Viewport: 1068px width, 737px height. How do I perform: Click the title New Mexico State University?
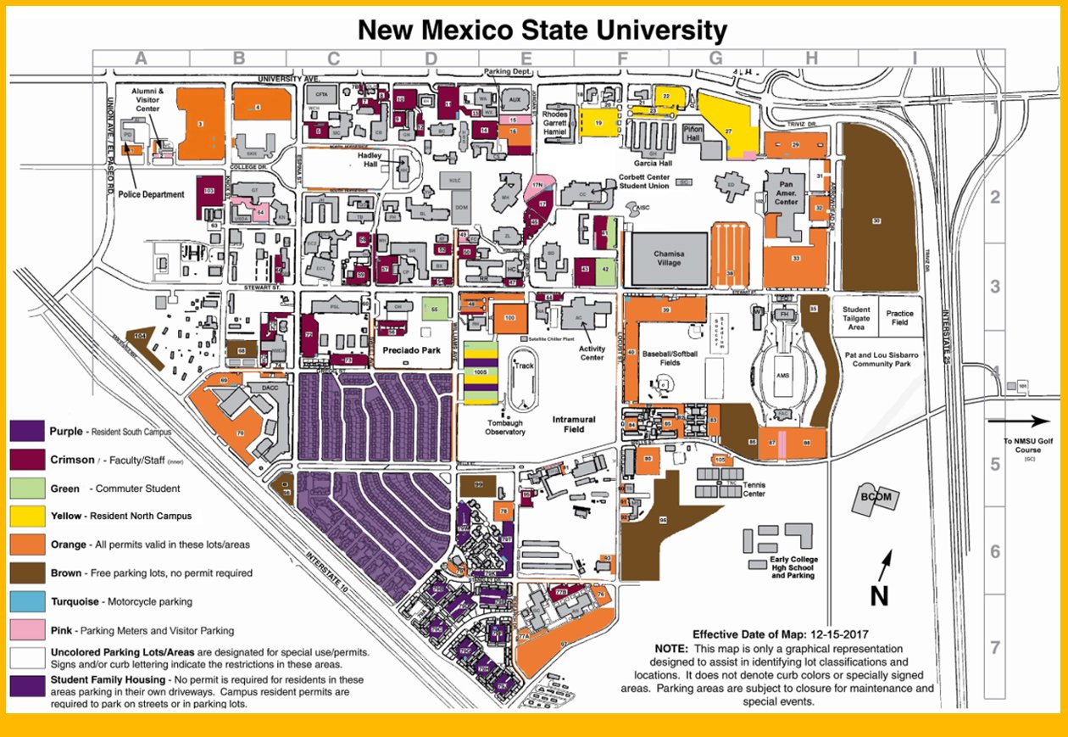(x=542, y=31)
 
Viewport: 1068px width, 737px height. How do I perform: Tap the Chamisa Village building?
(x=669, y=258)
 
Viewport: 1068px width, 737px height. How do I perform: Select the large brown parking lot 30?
(x=877, y=221)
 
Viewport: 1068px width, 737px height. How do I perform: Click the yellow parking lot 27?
(x=727, y=127)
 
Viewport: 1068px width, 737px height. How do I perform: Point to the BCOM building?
(x=876, y=498)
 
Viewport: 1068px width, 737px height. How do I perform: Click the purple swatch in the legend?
(x=25, y=431)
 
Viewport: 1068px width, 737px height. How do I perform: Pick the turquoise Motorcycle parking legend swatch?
(x=25, y=601)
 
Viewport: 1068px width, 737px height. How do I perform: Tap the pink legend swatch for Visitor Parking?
(x=25, y=630)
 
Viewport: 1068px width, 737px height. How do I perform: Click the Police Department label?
(x=152, y=194)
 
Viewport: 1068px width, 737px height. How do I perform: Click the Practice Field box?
(x=900, y=318)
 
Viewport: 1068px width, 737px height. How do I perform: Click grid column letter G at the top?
(x=715, y=58)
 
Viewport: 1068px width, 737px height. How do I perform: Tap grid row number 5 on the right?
(x=996, y=464)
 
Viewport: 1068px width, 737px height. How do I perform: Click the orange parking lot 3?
(x=200, y=123)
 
